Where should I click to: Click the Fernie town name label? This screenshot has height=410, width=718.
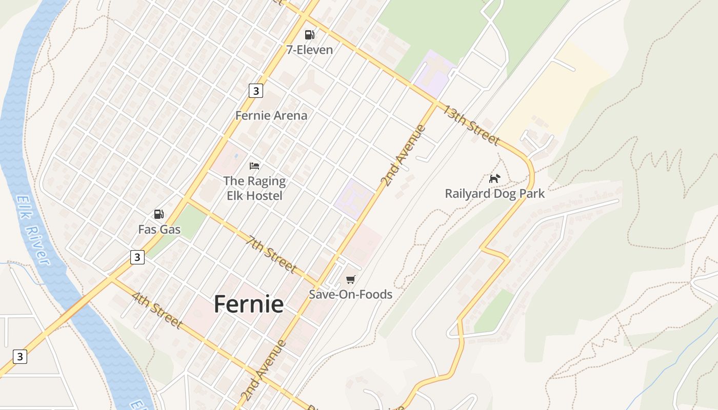coord(249,304)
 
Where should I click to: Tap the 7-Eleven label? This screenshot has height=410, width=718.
coord(309,50)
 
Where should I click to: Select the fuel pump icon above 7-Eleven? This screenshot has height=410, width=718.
coord(309,35)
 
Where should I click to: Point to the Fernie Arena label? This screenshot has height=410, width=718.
coord(271,115)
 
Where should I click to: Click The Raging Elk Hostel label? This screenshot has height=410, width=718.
coord(254,188)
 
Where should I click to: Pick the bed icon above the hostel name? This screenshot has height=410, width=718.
coord(254,166)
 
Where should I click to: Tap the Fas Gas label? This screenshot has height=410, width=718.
coord(159,229)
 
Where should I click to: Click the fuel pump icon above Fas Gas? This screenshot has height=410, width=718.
coord(159,214)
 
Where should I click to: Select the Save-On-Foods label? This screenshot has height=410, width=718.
coord(350,294)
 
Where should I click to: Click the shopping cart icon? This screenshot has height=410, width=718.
coord(350,279)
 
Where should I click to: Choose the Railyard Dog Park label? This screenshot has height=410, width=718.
coord(494,194)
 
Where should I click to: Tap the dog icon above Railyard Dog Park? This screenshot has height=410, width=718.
coord(494,178)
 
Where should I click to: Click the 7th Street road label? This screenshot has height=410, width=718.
coord(271,254)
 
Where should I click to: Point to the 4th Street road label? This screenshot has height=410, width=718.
coord(157,311)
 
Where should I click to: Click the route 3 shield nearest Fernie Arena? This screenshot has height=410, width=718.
coord(255,91)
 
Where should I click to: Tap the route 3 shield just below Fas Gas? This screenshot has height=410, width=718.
coord(137,257)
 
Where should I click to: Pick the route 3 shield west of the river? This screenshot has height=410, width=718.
coord(19,356)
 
